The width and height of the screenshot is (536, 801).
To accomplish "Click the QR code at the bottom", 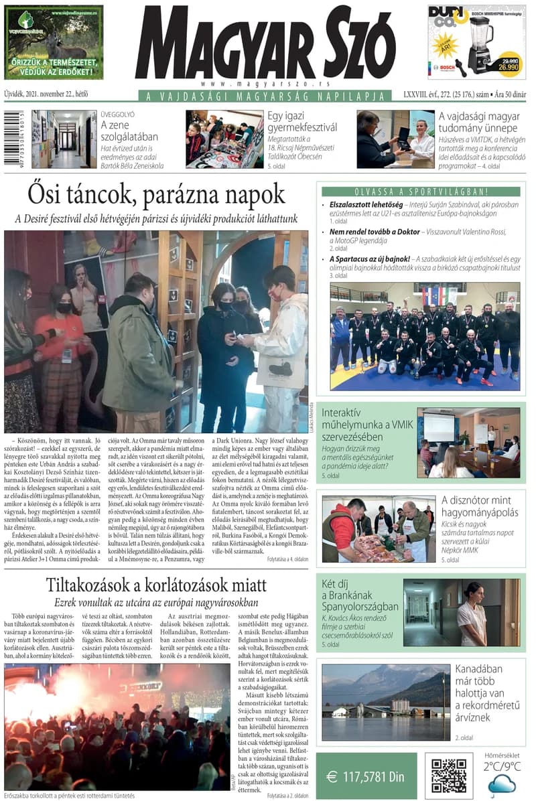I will coord(449,776).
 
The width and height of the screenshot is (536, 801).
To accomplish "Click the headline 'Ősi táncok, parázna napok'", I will coord(156,194).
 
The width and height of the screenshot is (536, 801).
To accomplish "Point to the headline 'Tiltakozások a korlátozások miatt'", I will coord(156,585).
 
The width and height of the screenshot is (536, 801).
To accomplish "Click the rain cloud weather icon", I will coord(501,784).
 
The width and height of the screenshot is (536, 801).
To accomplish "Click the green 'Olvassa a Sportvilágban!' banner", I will coord(421,192).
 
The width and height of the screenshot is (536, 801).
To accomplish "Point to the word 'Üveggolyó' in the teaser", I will coord(117,115).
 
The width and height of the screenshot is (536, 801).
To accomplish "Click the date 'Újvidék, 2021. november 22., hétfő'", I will coord(46,94).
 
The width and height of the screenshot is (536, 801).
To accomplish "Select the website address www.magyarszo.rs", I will coord(265,83).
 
